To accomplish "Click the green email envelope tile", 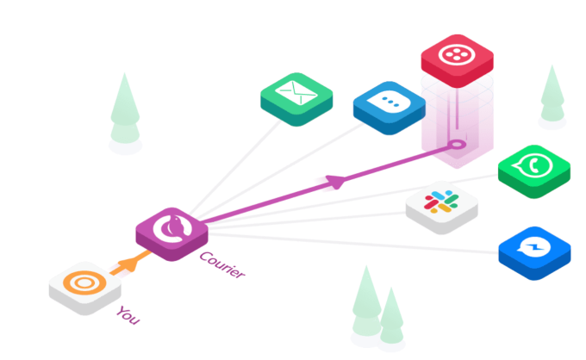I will pyautogui.click(x=296, y=97).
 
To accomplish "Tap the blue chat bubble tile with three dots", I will pyautogui.click(x=389, y=106).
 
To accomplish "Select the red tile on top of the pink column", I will pyautogui.click(x=457, y=58).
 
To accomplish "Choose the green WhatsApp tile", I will pyautogui.click(x=534, y=169).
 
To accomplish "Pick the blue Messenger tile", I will pyautogui.click(x=534, y=251).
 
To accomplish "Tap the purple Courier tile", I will pyautogui.click(x=172, y=230).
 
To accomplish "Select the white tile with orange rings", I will pyautogui.click(x=85, y=283).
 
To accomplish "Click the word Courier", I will pyautogui.click(x=221, y=264).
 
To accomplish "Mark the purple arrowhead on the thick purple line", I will pyautogui.click(x=338, y=181).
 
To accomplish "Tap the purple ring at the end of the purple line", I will pyautogui.click(x=458, y=145).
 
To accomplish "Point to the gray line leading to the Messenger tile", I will pyautogui.click(x=362, y=241).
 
